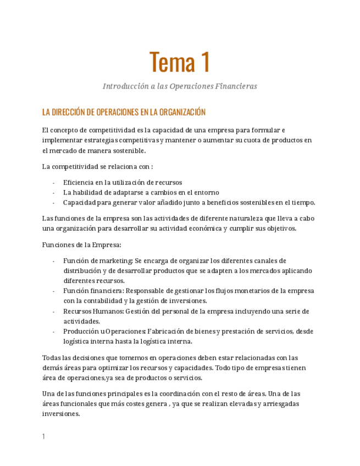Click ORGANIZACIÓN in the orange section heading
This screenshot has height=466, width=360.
coord(182,112)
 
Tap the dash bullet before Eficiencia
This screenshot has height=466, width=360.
coord(53,182)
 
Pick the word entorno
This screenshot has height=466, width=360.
coord(205,192)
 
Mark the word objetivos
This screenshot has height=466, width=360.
coord(278,228)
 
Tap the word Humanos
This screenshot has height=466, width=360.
coord(108,311)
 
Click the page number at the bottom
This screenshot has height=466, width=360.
coord(43,436)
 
